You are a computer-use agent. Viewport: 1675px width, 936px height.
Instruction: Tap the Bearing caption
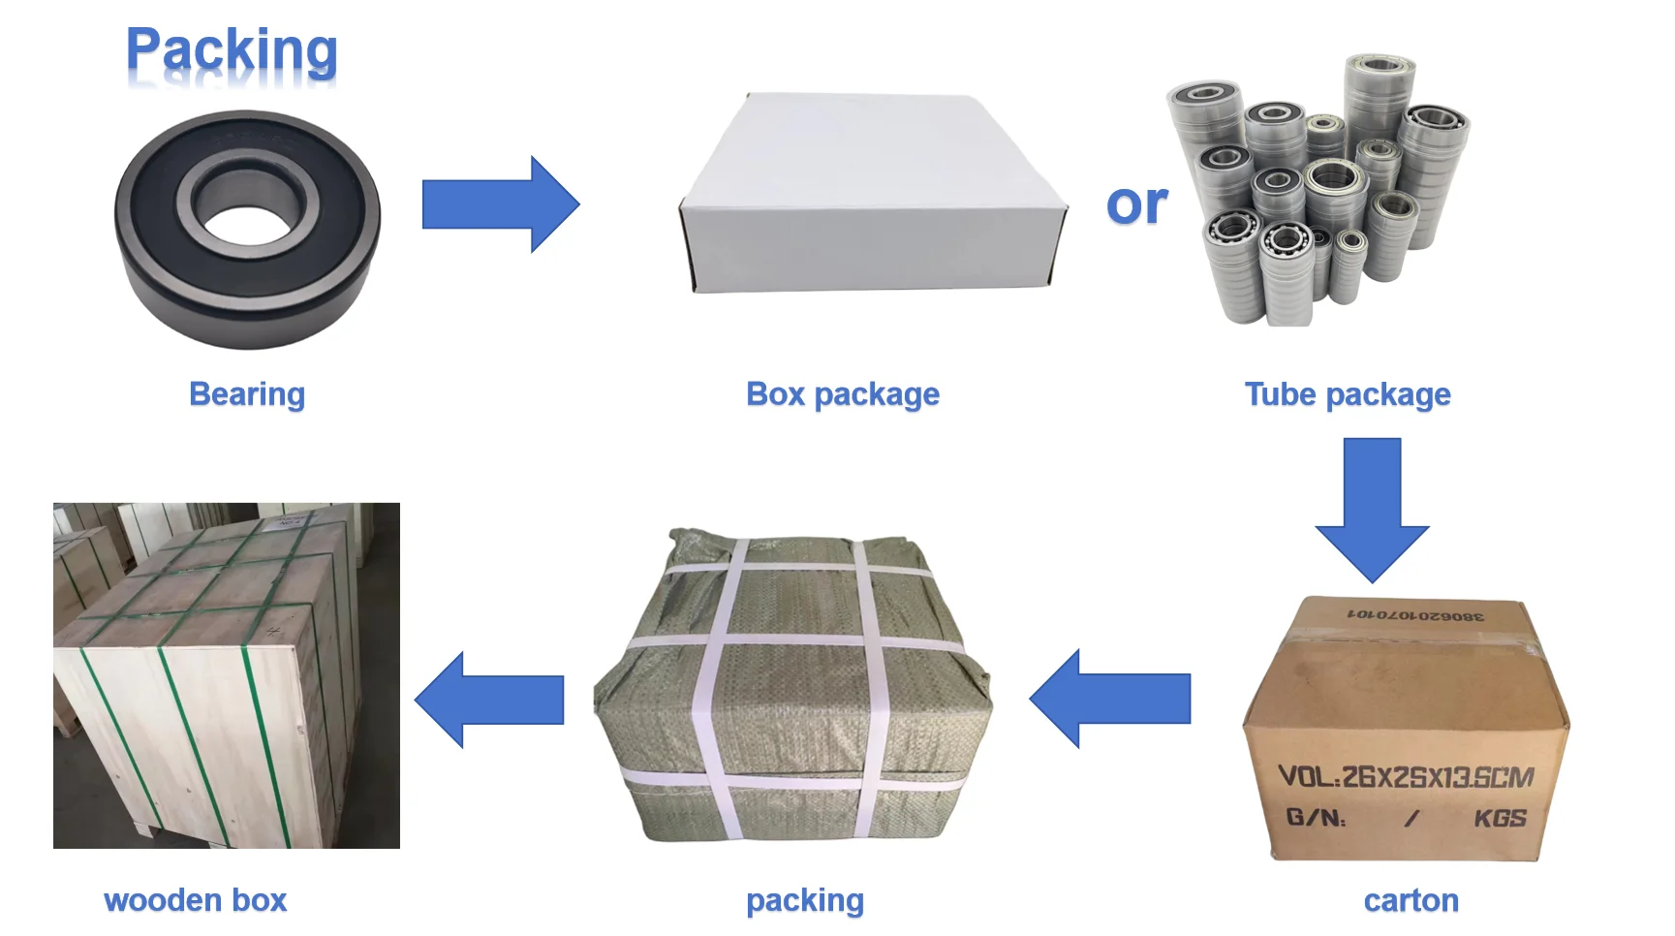coord(247,394)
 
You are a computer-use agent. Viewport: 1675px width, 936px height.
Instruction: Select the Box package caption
coord(842,394)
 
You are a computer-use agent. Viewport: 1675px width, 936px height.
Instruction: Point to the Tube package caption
coord(1347,394)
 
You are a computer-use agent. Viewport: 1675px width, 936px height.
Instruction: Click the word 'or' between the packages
coord(1136,204)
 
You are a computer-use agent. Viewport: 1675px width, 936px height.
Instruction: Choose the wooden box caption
coord(195,900)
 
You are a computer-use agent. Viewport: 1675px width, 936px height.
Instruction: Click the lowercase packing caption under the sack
coord(804,900)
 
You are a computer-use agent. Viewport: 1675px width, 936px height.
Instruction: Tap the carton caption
coord(1411,901)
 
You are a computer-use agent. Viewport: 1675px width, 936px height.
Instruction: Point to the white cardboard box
coord(872,194)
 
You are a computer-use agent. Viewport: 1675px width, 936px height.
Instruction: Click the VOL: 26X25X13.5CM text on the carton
coord(1406,776)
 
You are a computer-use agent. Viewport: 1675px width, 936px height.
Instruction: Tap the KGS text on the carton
coord(1500,819)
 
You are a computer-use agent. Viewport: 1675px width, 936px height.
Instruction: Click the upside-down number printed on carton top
coord(1415,615)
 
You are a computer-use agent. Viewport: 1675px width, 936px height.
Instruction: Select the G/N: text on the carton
coord(1316,819)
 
